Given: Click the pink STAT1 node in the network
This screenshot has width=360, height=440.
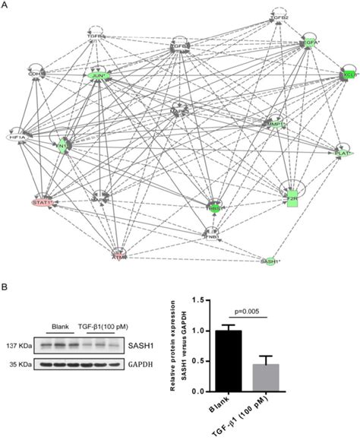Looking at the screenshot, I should coord(43,202).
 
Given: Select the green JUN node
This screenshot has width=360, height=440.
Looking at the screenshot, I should coord(99,77).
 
